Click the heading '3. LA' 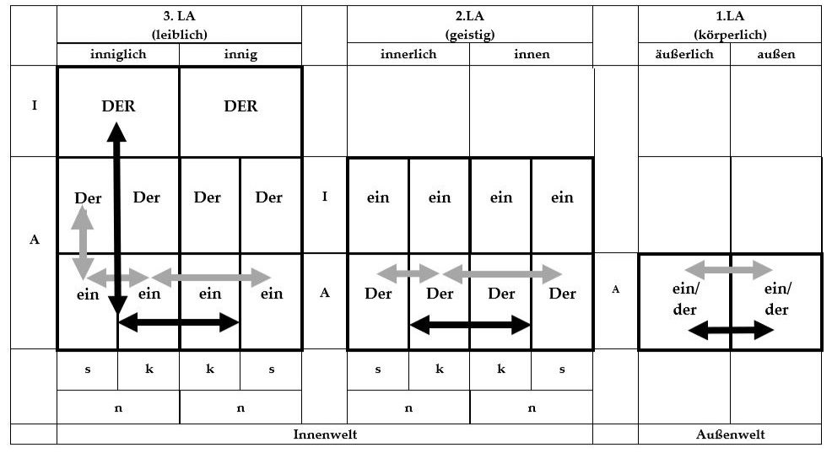coord(180,16)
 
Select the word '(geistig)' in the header coord(470,35)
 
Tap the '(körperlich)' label coord(730,35)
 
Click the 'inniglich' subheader coord(118,54)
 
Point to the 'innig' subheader coord(240,54)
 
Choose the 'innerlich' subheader coord(408,54)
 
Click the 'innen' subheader coord(532,54)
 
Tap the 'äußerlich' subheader coord(684,54)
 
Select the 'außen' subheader coord(776,54)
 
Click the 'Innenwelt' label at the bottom coord(325,434)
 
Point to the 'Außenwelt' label coord(730,434)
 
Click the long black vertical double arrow coord(116,218)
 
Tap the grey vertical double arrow coord(83,243)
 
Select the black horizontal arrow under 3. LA coord(179,322)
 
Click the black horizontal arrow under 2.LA coord(470,325)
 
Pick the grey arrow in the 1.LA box coord(729,269)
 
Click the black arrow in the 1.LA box coord(731,330)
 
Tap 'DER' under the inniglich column coord(118,106)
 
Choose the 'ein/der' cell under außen coord(777,299)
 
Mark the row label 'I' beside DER coord(35,105)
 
